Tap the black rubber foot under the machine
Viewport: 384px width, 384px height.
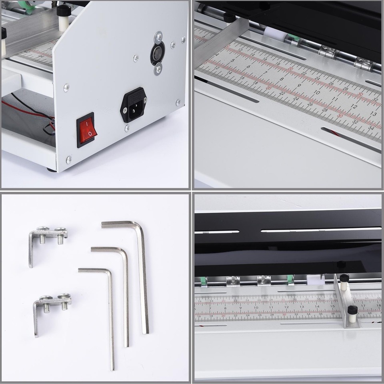(x=51, y=170)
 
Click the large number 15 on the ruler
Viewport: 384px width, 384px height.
(x=332, y=306)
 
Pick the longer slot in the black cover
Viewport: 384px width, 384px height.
(x=320, y=230)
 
